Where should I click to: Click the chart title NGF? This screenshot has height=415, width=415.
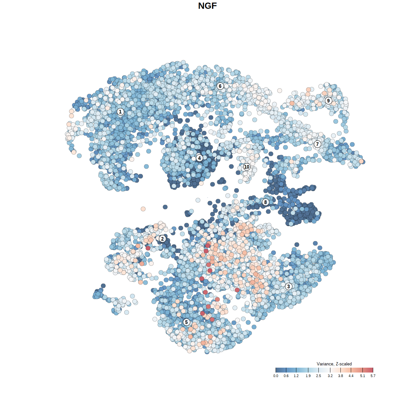[207, 6]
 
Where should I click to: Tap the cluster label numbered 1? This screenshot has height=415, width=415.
[120, 112]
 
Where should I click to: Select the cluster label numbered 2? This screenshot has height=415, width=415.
[162, 239]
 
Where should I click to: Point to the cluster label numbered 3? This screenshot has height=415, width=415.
[289, 286]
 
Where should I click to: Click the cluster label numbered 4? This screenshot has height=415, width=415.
[199, 158]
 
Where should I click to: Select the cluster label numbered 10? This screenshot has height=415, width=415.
[247, 167]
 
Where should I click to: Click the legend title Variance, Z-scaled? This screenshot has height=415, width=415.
[334, 364]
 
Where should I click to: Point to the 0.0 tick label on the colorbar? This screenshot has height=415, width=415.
[276, 376]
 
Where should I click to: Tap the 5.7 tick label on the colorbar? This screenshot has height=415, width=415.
[373, 376]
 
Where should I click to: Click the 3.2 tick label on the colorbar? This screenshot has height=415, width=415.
[330, 376]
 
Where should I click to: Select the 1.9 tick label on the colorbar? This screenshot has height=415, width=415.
[308, 376]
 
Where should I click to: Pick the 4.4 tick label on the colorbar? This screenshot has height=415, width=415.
[351, 376]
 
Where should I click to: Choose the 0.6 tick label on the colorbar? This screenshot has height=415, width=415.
[286, 376]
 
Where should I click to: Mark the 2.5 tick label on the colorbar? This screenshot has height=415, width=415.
[319, 376]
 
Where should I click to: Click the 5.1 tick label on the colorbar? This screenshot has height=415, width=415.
[362, 376]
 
